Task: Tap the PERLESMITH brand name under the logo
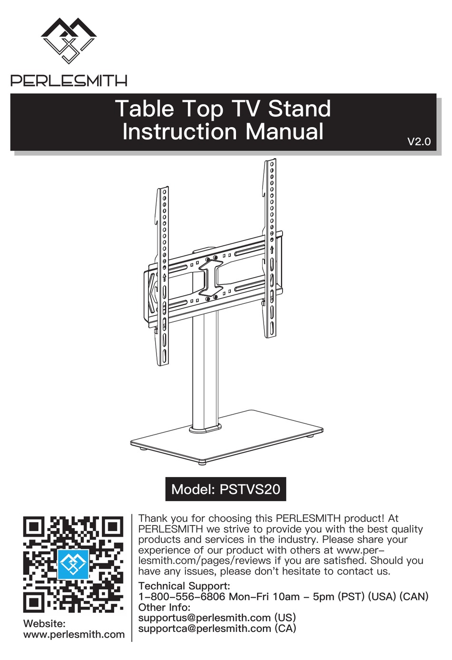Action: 69,80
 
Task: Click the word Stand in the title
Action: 299,109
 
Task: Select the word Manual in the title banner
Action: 285,131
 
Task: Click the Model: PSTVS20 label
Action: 226,490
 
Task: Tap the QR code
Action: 73,564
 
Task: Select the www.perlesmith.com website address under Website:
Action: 74,633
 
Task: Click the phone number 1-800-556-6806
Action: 182,597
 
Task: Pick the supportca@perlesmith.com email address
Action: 205,628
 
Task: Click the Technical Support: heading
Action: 184,586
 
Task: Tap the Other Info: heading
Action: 164,607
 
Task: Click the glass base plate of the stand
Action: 227,438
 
